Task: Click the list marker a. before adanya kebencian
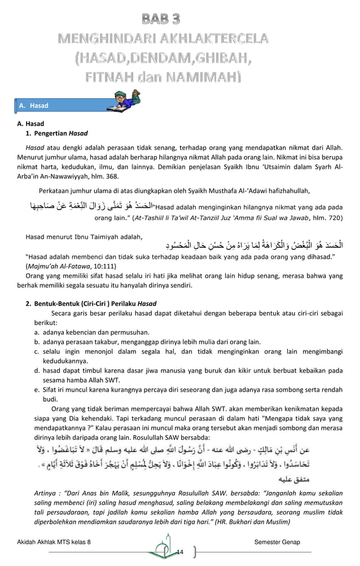(37, 332)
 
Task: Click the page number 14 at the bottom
(180, 551)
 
